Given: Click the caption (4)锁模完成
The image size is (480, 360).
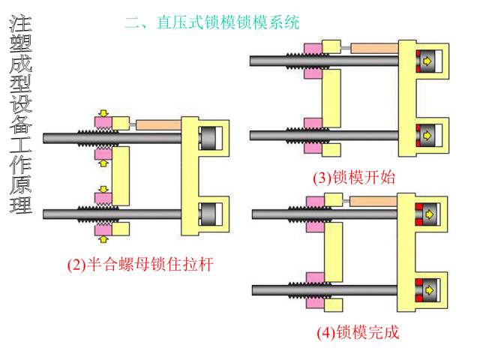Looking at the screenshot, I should coord(358,332).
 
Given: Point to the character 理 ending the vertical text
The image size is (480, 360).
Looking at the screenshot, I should coord(20,204).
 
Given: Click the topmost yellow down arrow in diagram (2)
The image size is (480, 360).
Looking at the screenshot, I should coord(103,114).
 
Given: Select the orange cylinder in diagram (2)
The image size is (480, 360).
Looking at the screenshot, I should coord(157,123).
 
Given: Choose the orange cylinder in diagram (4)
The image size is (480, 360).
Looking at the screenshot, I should coord(372,202).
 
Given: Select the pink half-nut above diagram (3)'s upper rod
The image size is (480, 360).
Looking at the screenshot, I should coord(313,48).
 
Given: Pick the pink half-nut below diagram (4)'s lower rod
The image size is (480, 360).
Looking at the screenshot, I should coord(313,302).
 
